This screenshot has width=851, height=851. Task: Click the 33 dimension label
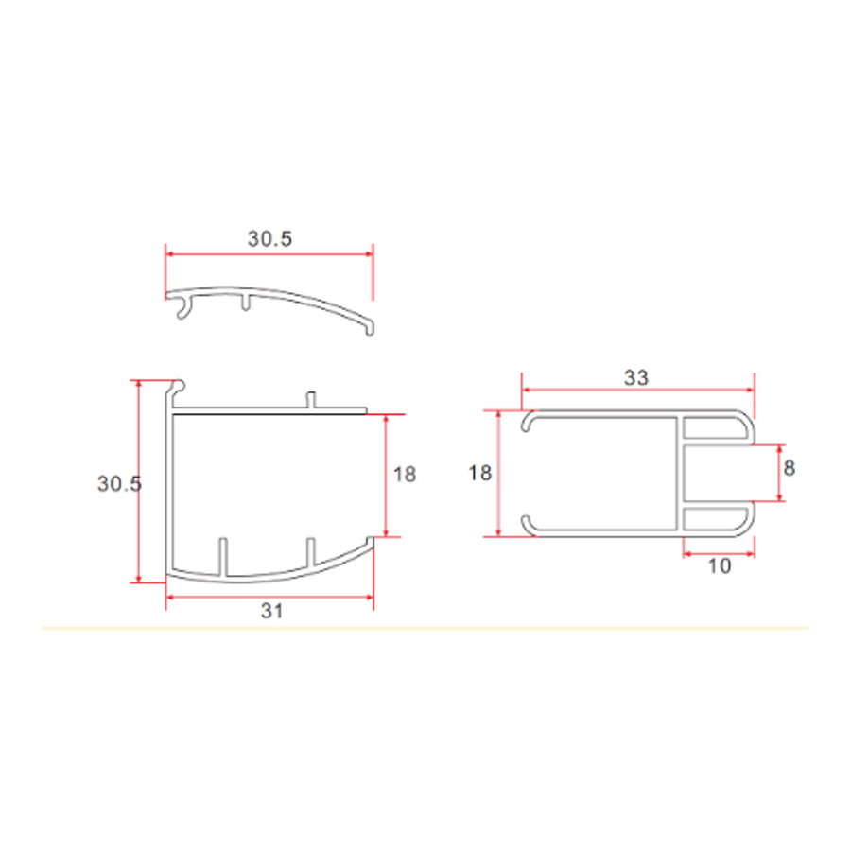pos(636,377)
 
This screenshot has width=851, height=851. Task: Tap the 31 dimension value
pos(272,612)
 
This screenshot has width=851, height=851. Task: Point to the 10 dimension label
pos(719,566)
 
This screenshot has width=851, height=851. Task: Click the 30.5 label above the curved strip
pos(270,239)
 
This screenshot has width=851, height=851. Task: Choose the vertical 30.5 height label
pos(119,483)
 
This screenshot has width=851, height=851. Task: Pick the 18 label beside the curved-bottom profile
pos(404,474)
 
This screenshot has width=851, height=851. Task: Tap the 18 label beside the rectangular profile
pos(480,473)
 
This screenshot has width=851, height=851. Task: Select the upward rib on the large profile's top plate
pos(309,400)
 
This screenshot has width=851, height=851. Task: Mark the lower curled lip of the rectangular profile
pos(530,525)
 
